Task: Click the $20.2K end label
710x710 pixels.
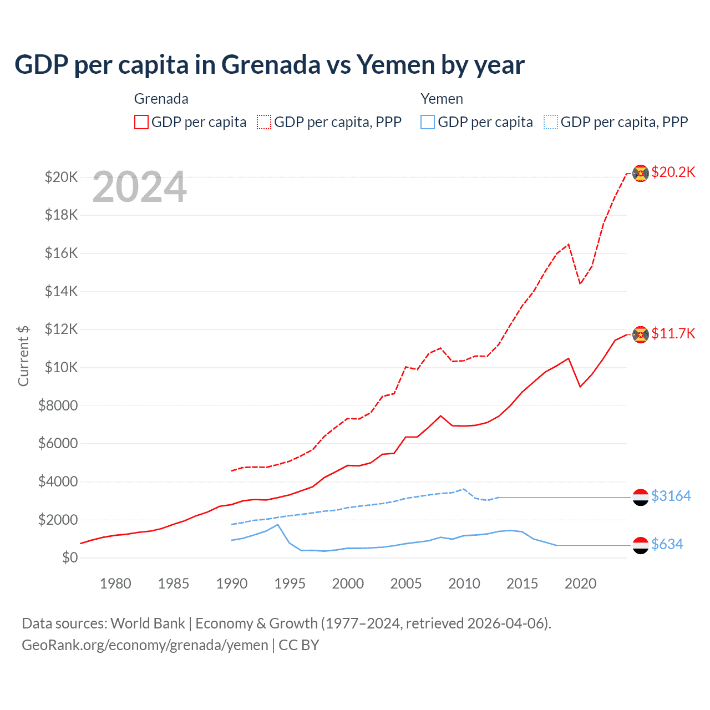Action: [x=673, y=172]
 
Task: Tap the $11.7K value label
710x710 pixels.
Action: [x=673, y=333]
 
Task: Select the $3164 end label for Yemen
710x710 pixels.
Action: [x=671, y=496]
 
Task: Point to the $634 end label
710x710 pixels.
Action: [x=667, y=544]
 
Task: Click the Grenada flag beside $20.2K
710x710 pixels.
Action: [x=641, y=173]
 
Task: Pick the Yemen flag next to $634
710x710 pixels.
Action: [x=641, y=545]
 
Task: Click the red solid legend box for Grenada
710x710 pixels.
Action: [x=141, y=122]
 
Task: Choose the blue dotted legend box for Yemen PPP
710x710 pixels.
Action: [x=551, y=122]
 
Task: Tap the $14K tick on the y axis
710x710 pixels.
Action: [x=61, y=291]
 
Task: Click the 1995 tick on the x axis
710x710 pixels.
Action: [x=290, y=584]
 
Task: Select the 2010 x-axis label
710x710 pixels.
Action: [x=464, y=584]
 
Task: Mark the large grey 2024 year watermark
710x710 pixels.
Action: [x=140, y=187]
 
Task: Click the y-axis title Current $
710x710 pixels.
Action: [x=23, y=356]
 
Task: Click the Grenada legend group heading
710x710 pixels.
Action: [x=161, y=99]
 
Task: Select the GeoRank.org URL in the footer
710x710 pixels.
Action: [x=145, y=645]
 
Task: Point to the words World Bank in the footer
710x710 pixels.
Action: [x=148, y=623]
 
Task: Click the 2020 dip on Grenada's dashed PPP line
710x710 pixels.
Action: [x=580, y=283]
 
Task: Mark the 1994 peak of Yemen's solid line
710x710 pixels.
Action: [x=277, y=525]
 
